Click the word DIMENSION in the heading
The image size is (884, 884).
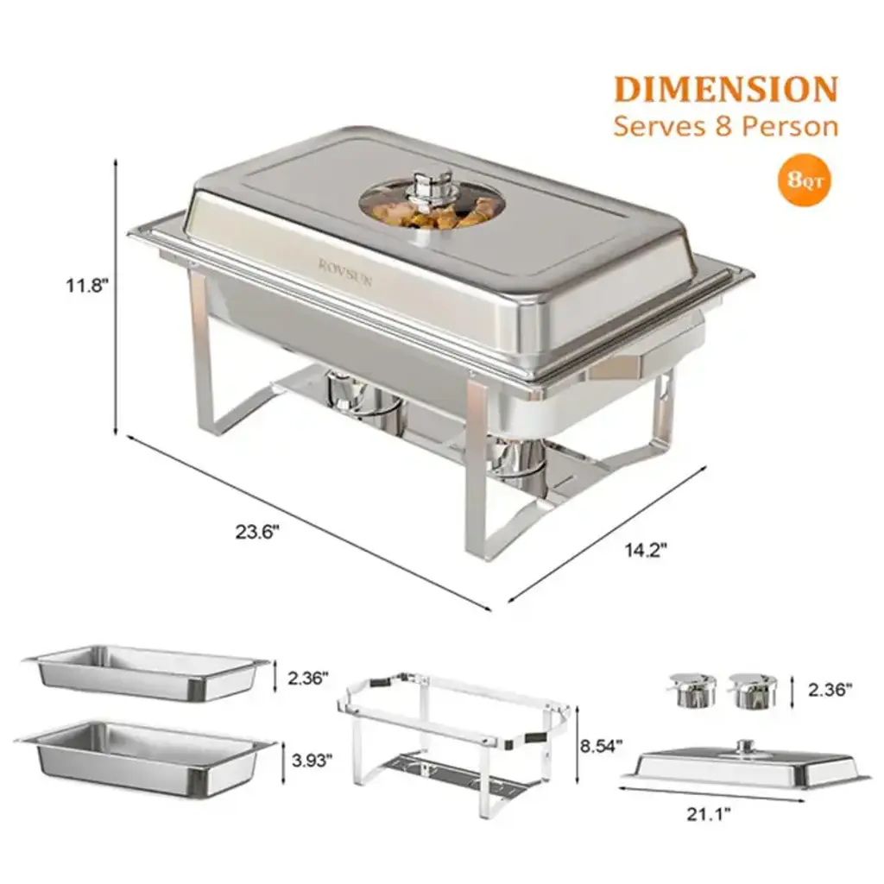point(726,90)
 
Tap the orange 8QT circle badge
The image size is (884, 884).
point(805,180)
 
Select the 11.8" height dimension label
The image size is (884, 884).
point(87,285)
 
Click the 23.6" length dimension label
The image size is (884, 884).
point(257,532)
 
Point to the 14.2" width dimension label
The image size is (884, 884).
point(646,550)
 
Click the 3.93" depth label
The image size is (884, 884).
point(312,761)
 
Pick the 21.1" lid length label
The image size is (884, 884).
point(708,814)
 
